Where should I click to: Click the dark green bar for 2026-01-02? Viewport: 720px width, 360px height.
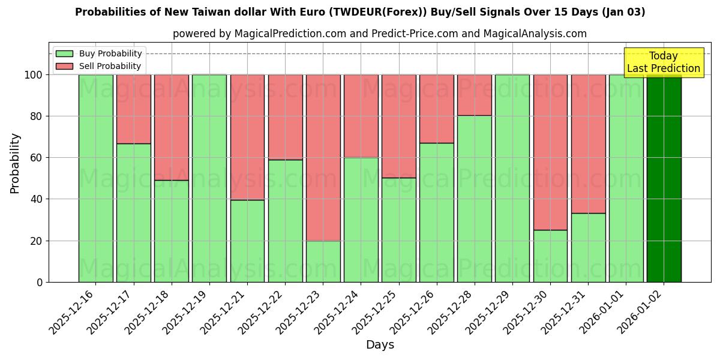point(664,178)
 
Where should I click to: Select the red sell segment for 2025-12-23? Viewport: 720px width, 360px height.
point(323,157)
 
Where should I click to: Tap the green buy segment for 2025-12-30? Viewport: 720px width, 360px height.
point(550,256)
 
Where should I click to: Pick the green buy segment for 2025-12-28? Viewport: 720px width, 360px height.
point(475,199)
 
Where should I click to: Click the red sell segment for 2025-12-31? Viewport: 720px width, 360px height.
point(588,144)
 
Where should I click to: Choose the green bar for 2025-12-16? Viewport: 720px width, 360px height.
point(95,178)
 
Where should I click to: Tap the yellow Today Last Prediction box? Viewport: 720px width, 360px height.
point(664,62)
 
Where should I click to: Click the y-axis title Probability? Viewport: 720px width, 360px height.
point(15,163)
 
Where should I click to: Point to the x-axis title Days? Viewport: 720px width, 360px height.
point(380,345)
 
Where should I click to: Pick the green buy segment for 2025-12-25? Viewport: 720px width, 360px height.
point(398,230)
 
